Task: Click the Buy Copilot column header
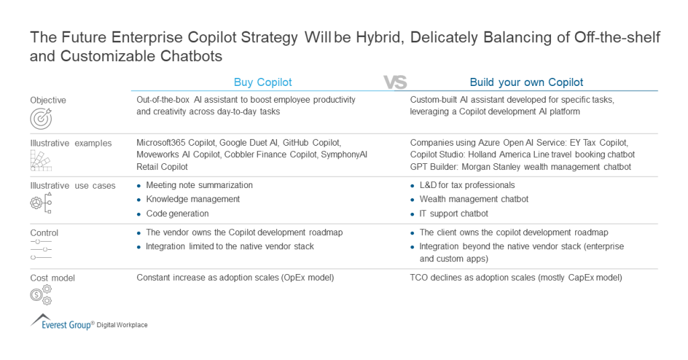[x=263, y=83]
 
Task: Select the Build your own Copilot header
[x=526, y=83]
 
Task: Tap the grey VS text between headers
[x=395, y=83]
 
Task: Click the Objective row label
[x=48, y=100]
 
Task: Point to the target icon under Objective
[x=40, y=118]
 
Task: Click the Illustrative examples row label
[x=71, y=143]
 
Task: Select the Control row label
[x=44, y=233]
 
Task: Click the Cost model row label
[x=52, y=277]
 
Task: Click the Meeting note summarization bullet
[x=199, y=185]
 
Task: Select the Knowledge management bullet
[x=192, y=199]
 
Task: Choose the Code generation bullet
[x=177, y=214]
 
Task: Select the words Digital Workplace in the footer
[x=122, y=325]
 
